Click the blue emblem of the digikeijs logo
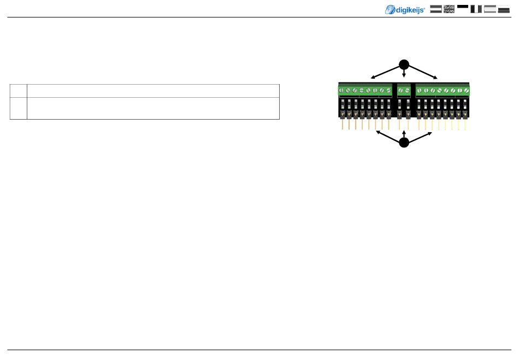click(x=391, y=9)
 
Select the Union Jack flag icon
click(x=449, y=9)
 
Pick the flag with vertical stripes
click(x=476, y=9)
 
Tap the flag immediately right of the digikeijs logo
click(x=436, y=9)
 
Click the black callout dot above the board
click(x=404, y=61)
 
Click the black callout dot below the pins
click(x=404, y=143)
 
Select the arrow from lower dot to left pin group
click(x=388, y=136)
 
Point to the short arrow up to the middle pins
click(x=404, y=134)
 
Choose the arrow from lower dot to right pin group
click(x=421, y=136)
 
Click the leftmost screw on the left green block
click(x=341, y=90)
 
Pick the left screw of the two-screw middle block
click(x=400, y=90)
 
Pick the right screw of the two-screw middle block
click(x=408, y=90)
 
